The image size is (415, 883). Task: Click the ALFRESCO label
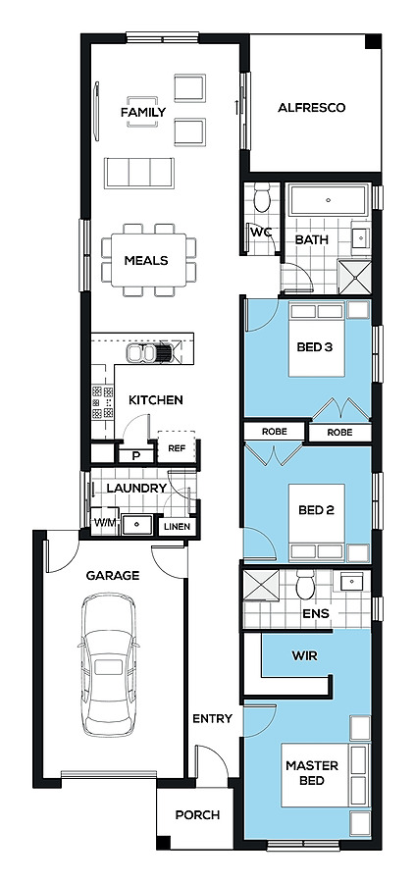[x=311, y=108]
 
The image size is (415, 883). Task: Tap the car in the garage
[x=109, y=664]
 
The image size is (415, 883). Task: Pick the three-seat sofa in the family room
[x=138, y=173]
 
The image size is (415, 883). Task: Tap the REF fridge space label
[x=177, y=448]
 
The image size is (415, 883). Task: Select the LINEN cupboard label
[x=178, y=527]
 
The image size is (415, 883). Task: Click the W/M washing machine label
[x=105, y=523]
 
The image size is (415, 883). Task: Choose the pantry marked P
[x=135, y=455]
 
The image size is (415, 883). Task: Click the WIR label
[x=305, y=655]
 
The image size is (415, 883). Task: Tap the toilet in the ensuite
[x=305, y=585]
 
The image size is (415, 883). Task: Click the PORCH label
[x=197, y=815]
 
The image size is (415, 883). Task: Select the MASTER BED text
[x=312, y=773]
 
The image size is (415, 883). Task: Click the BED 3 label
[x=315, y=347]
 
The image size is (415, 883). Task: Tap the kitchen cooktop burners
[x=103, y=401]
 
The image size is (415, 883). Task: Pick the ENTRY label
[x=212, y=718]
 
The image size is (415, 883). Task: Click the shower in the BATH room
[x=355, y=277]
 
